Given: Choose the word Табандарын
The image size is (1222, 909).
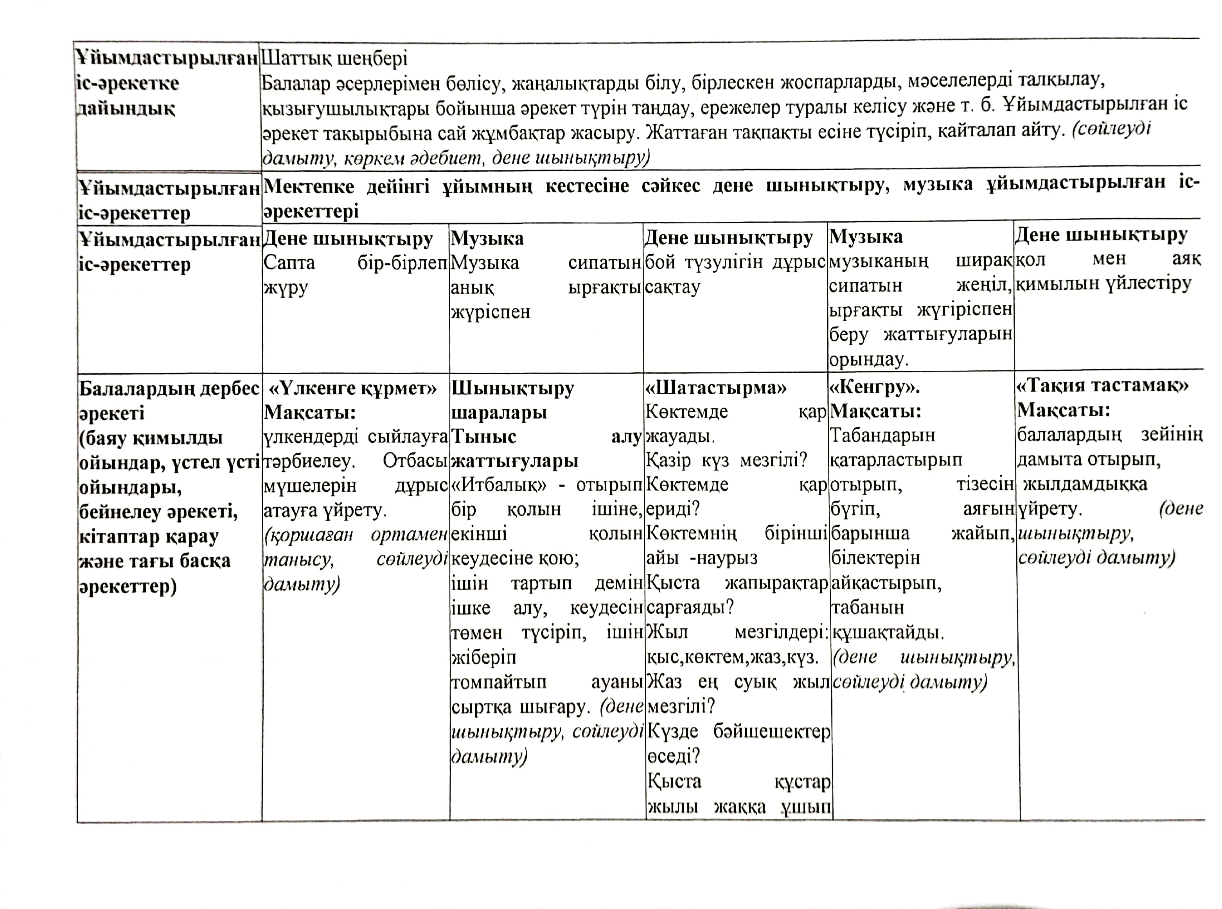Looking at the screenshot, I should tap(882, 435).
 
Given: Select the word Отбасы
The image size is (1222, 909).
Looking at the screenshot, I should tap(415, 460).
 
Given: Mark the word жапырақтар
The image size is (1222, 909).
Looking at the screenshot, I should tap(776, 583).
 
